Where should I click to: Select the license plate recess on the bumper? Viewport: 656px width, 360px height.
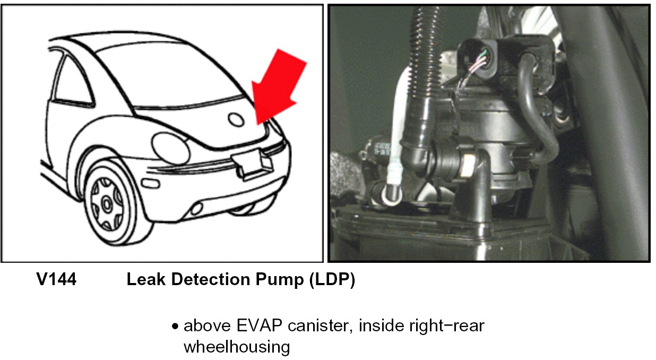click(254, 162)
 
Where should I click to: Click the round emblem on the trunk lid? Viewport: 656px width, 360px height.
click(236, 119)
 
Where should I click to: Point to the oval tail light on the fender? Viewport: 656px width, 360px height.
click(170, 148)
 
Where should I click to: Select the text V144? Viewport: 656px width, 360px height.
click(56, 280)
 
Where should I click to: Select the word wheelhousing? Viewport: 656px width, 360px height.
click(237, 347)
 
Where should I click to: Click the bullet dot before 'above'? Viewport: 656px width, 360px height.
click(175, 326)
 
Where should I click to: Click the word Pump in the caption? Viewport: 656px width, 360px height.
click(278, 280)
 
